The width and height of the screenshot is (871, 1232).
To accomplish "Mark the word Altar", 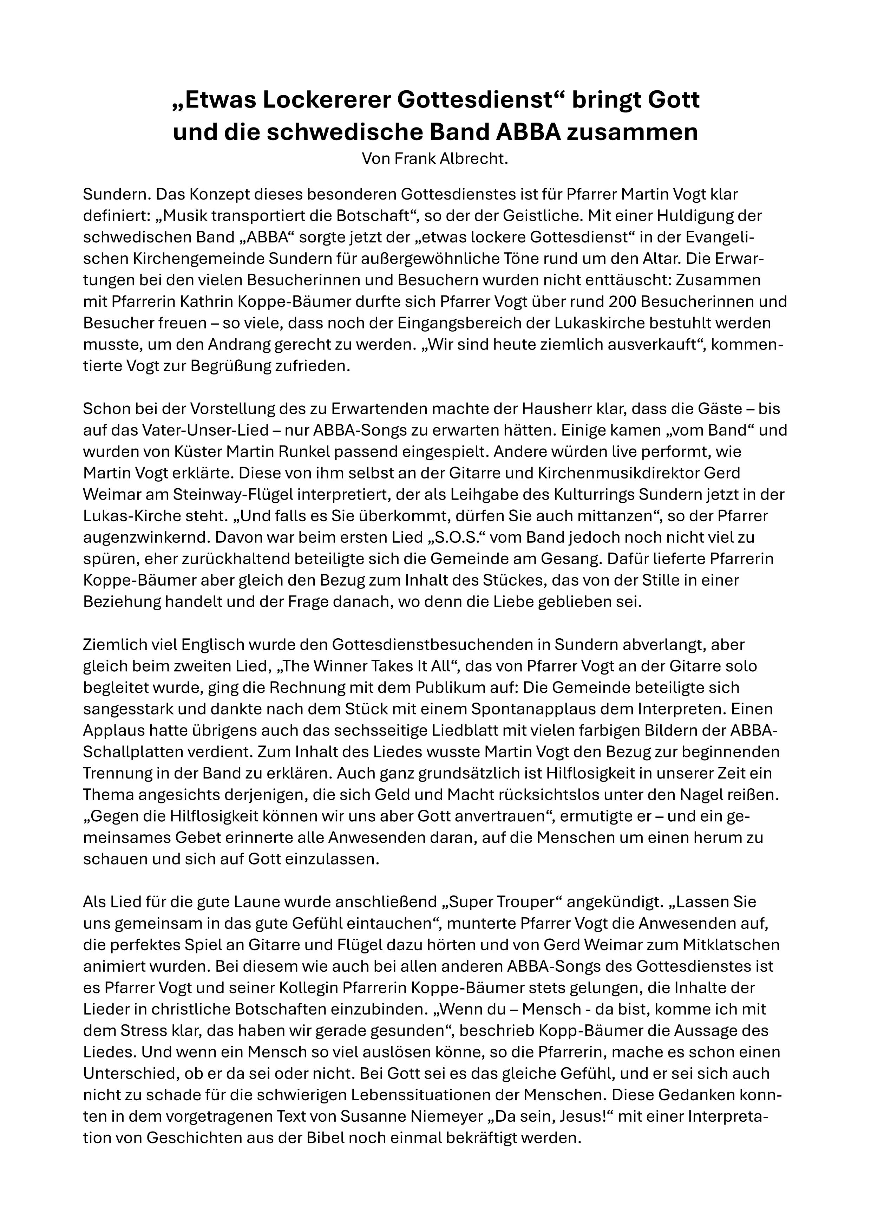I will click(x=673, y=259).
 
